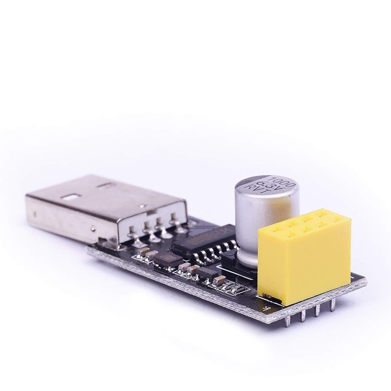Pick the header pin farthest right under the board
point(333,305)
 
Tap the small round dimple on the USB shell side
point(35,214)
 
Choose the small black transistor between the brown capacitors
point(200,274)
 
